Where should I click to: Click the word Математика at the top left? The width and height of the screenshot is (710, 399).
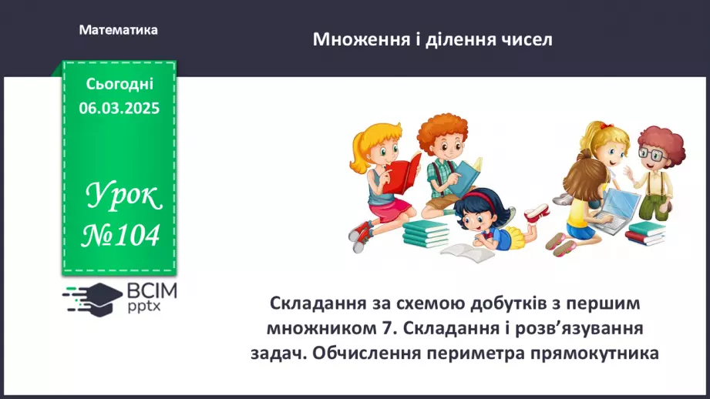pos(118,30)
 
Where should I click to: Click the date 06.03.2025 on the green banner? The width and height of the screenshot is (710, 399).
pos(119,109)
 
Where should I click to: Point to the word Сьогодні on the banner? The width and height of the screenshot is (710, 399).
pos(119,85)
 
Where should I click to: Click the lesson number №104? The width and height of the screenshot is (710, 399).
pos(120,234)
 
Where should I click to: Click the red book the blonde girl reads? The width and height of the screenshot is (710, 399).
pos(403,174)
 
